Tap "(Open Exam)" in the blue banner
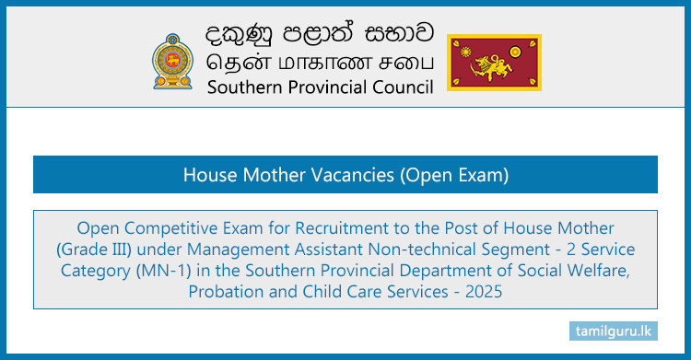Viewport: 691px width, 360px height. tap(446, 174)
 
